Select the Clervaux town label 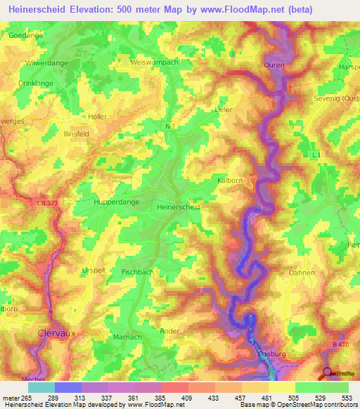coord(56,334)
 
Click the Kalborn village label coord(229,181)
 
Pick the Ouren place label coord(274,65)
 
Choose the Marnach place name coord(128,337)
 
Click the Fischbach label coord(137,271)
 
